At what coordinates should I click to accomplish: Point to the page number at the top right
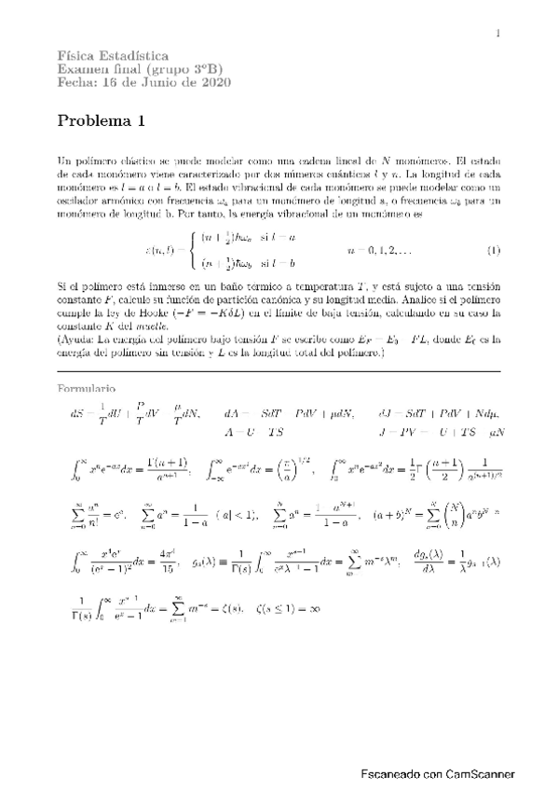pyautogui.click(x=498, y=34)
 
